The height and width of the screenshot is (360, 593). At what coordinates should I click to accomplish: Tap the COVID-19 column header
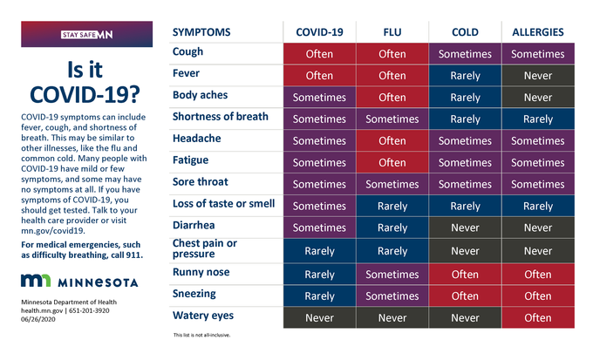pos(320,31)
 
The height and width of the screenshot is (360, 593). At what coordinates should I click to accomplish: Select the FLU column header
pos(392,31)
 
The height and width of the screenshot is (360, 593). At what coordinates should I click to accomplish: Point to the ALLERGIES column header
pos(538,31)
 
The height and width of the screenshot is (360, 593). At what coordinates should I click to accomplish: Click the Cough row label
pos(187,52)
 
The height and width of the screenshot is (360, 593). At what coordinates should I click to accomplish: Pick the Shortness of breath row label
pos(220,116)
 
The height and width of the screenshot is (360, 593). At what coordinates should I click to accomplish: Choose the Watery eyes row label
pos(203,315)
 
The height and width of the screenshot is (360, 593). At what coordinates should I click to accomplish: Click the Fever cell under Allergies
pos(538,75)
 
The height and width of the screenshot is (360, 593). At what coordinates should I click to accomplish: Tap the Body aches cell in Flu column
pos(392,97)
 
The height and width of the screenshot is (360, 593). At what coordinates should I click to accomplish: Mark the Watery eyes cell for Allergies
pos(538,317)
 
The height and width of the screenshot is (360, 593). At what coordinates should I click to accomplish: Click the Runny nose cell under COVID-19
pos(320,274)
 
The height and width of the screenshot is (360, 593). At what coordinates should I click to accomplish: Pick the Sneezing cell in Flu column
pos(392,295)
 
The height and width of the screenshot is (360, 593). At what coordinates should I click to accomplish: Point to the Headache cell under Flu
pos(392,141)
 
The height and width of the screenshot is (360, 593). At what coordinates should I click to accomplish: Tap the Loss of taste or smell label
pos(223,204)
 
